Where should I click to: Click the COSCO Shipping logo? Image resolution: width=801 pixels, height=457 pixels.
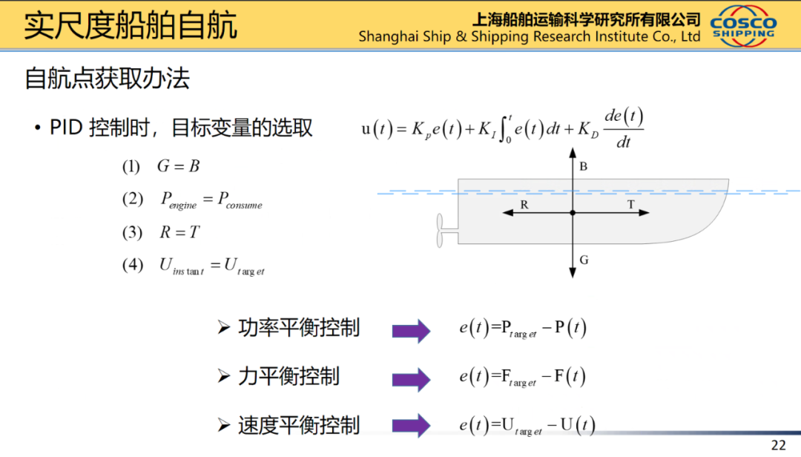743,27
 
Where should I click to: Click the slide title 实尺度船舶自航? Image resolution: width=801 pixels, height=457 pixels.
131,25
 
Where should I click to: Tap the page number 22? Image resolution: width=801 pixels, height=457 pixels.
778,444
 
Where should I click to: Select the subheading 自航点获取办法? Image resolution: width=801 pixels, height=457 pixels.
108,78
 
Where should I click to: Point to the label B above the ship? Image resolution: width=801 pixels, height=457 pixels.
584,167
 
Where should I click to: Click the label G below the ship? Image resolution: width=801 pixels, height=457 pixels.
584,260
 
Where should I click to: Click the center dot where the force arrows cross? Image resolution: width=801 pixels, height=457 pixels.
573,213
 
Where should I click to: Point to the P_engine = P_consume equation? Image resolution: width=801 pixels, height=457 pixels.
212,200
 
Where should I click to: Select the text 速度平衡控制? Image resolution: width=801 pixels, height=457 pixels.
299,426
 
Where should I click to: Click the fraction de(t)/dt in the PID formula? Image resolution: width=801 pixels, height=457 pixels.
623,128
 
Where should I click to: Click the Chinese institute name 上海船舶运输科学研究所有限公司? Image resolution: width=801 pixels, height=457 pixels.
586,19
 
